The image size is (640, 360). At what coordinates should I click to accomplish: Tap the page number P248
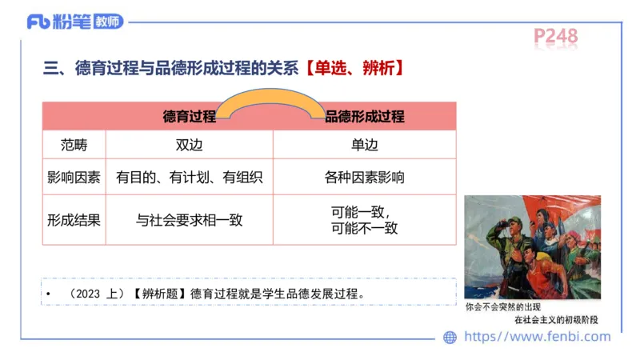pos(555,36)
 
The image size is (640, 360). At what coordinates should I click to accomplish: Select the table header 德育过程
pos(190,116)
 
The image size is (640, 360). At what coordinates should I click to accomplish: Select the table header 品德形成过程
pos(365,116)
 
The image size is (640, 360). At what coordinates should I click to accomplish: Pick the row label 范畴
pos(74,146)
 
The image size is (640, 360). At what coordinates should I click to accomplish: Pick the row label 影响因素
pos(74,177)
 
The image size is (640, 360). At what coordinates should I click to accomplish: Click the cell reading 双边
pos(190,146)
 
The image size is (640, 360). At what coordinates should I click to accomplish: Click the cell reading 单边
pos(365,146)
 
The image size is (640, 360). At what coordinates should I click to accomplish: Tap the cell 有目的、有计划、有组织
pos(190,177)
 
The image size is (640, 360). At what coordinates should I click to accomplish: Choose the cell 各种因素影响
pos(365,177)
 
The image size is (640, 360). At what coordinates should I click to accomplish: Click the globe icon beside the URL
pos(450,338)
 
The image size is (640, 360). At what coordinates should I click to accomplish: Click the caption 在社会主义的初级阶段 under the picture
pos(555,320)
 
